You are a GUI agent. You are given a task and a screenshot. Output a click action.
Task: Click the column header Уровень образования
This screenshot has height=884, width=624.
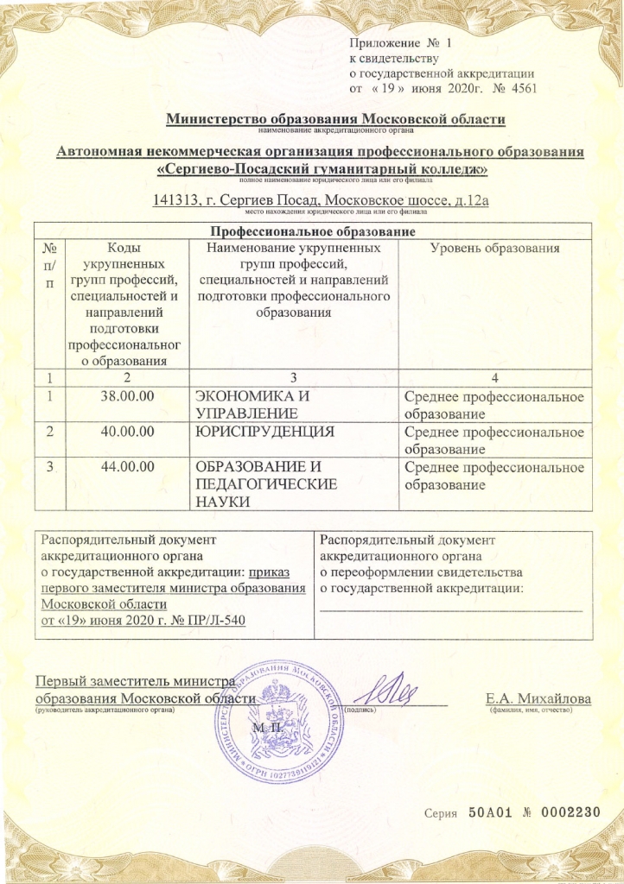494,249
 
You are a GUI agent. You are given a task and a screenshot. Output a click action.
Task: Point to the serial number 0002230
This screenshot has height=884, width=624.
566,812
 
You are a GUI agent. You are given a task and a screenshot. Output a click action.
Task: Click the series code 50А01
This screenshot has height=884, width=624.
491,812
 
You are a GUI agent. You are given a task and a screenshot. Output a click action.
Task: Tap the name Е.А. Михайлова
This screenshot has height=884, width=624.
538,698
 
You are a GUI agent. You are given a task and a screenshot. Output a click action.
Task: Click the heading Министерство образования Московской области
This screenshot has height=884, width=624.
334,119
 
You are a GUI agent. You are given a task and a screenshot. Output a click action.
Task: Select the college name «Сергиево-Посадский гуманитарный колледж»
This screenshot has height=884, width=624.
322,169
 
